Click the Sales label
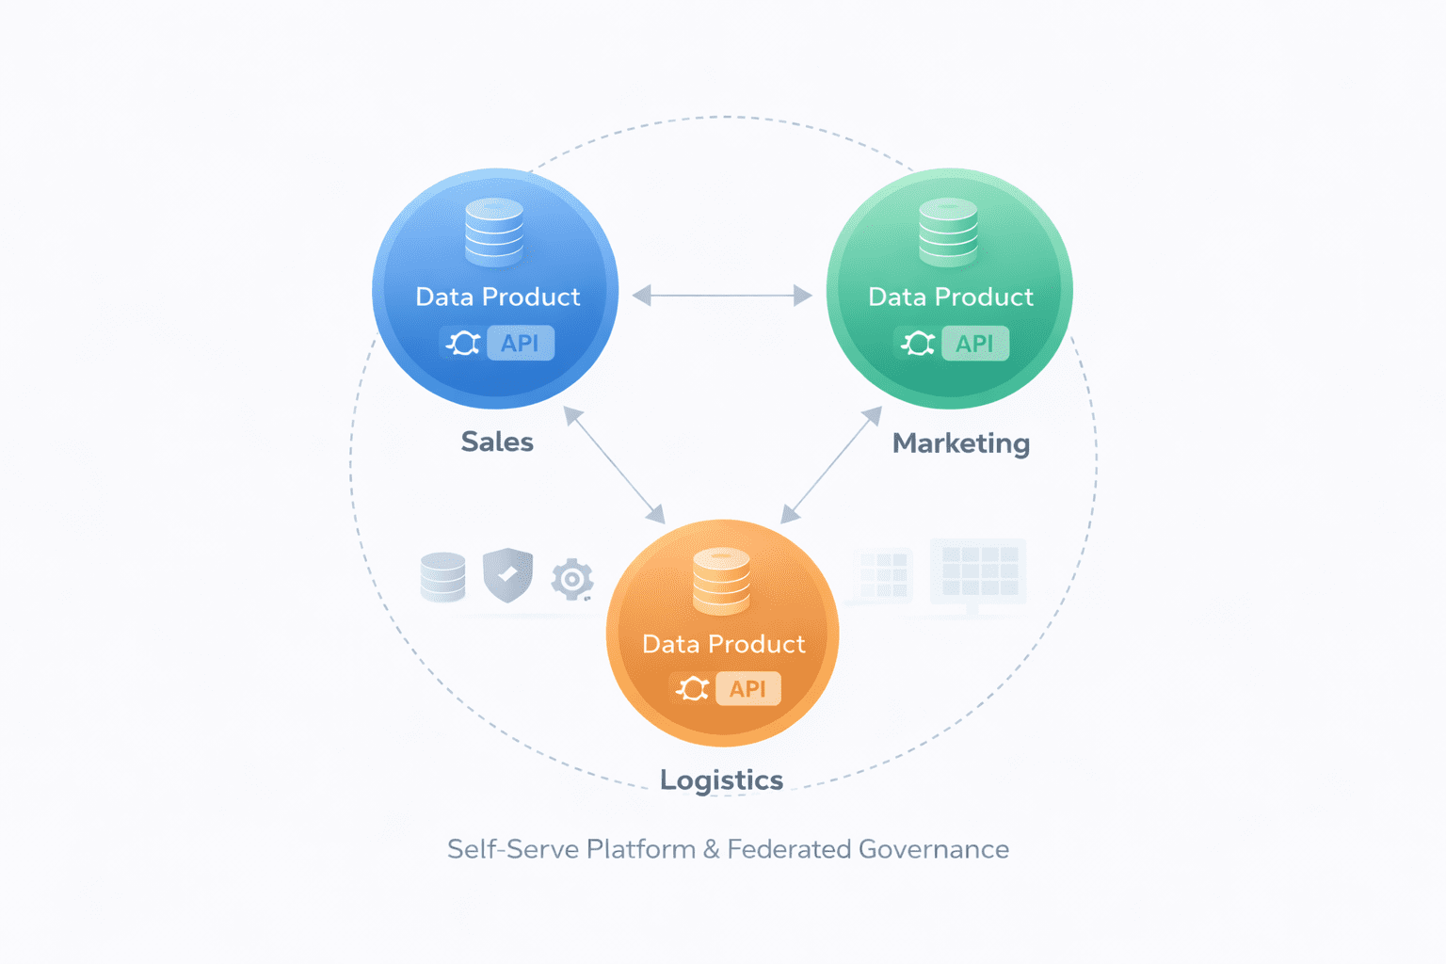497,442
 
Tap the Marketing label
960,443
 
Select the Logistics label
721,780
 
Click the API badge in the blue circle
520,344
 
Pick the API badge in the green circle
974,345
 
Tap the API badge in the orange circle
747,689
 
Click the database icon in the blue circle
494,232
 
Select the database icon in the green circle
948,233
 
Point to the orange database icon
721,581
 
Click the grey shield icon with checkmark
507,574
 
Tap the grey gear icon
571,579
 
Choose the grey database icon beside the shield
442,577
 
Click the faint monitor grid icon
978,572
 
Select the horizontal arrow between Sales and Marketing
722,296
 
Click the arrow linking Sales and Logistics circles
614,464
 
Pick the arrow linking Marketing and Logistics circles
831,464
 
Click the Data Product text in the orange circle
723,644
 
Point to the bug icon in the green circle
918,344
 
